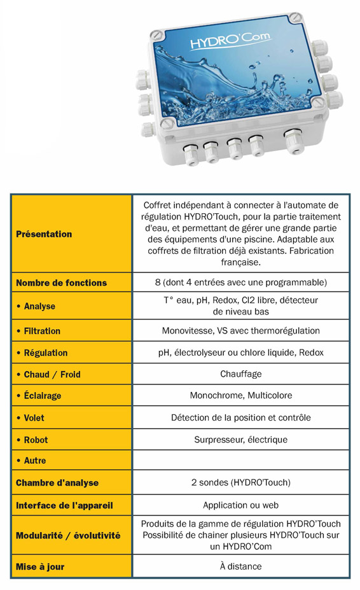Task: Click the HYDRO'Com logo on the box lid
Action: coord(230,40)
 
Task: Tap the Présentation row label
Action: coord(44,234)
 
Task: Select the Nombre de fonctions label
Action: coord(61,283)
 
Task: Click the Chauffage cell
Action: coord(241,374)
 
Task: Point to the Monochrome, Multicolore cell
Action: coord(241,395)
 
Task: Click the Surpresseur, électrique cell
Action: coord(241,440)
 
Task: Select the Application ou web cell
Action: coord(241,505)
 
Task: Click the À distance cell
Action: coord(241,566)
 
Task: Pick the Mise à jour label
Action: coord(40,566)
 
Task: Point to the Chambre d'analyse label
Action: coord(57,483)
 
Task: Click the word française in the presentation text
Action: coord(241,262)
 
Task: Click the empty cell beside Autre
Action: coord(241,460)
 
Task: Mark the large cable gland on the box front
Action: coord(293,140)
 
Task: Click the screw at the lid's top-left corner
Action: coord(156,35)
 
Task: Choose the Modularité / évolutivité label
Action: coord(68,535)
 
